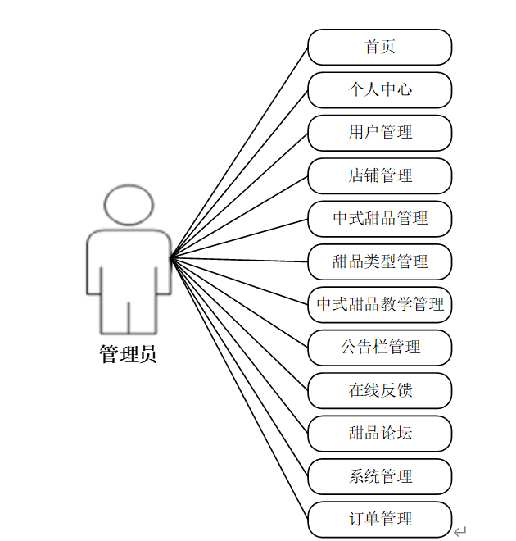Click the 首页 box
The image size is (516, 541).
tap(379, 47)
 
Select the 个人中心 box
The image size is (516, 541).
tap(379, 89)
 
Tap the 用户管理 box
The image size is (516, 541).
tap(379, 133)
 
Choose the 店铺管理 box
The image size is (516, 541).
tap(379, 175)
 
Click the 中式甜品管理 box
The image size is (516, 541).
tap(379, 219)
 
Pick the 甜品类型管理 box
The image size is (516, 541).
tap(379, 261)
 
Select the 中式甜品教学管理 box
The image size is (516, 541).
tap(379, 305)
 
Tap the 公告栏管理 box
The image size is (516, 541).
tap(379, 348)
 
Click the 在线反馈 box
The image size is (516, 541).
tap(379, 390)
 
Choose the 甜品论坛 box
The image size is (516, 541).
tap(379, 433)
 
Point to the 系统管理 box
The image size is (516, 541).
tap(379, 476)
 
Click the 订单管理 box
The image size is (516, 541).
tap(379, 519)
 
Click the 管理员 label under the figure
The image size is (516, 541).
tap(129, 355)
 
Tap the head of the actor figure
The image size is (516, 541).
tap(129, 205)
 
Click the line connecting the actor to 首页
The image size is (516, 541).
tap(239, 152)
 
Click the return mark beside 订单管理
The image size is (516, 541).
tap(460, 531)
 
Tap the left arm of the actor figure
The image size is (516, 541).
tap(95, 266)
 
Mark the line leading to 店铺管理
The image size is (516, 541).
tap(239, 216)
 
